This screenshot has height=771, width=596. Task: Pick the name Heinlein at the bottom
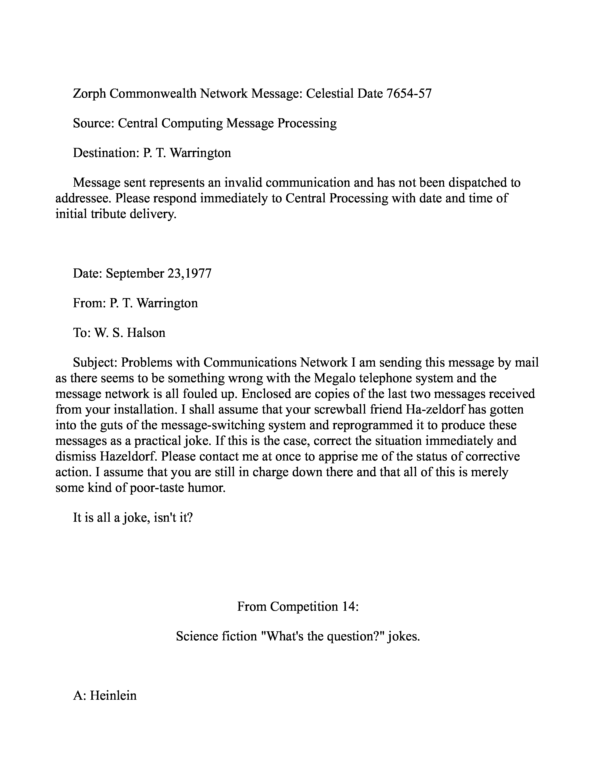pos(113,696)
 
